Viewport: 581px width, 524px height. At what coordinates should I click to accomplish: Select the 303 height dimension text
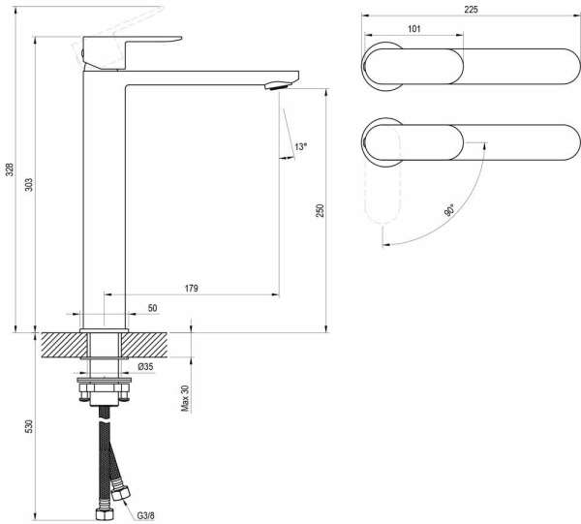tap(29, 184)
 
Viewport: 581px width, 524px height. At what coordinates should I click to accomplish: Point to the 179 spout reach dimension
tap(191, 288)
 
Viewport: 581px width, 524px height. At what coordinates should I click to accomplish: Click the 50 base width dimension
tap(152, 307)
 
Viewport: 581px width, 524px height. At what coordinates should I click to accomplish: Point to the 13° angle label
tap(301, 147)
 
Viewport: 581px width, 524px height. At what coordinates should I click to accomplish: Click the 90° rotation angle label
tap(450, 210)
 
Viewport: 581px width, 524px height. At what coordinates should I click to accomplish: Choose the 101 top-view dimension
tap(413, 29)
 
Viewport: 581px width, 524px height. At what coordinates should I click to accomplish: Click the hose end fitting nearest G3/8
tap(121, 492)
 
